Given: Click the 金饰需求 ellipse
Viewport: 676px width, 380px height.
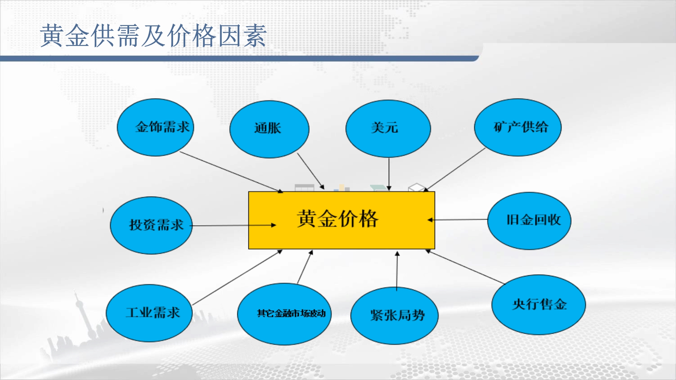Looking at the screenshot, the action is click(x=155, y=127).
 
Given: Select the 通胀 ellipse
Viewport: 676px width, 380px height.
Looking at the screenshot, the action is click(x=269, y=129).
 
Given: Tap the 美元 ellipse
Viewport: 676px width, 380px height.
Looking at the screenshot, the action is click(x=388, y=129).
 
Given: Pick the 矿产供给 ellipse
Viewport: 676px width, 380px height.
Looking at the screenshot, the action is click(x=518, y=127).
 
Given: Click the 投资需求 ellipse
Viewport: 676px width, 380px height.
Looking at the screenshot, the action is click(x=151, y=225).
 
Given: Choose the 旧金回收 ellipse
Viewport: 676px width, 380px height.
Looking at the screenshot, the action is click(x=529, y=221).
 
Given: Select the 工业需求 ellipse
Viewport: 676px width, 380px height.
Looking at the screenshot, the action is click(x=149, y=313).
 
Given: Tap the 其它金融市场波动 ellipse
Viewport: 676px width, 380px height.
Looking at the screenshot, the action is click(x=285, y=314).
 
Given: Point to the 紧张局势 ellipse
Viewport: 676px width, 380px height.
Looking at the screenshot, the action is click(x=394, y=316).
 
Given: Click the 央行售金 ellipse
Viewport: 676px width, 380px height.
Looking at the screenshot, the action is click(x=539, y=305).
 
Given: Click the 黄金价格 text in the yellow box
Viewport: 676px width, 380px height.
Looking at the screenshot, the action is click(x=338, y=219).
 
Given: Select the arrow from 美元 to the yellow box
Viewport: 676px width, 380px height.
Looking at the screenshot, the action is click(x=389, y=174).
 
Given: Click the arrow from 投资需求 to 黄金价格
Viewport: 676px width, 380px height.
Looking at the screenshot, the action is click(x=233, y=225).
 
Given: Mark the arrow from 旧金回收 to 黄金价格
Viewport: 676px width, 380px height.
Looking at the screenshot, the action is click(x=458, y=220).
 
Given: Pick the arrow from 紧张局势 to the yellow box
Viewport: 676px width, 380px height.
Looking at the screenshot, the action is click(x=397, y=271).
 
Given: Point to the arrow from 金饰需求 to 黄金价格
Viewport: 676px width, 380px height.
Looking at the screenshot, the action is click(x=232, y=172).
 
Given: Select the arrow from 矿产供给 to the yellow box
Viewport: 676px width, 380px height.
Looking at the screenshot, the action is click(x=454, y=170).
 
